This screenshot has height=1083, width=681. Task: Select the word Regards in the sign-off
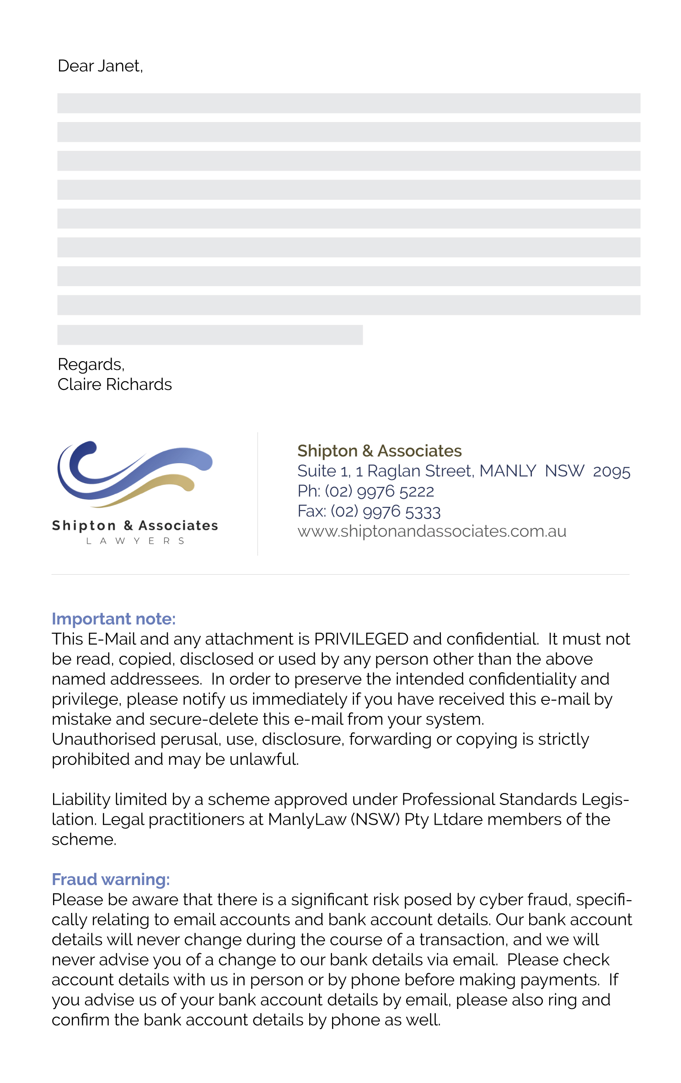(x=91, y=364)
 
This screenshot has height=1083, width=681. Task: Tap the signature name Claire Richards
(x=114, y=384)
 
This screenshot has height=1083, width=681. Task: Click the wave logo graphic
(x=134, y=474)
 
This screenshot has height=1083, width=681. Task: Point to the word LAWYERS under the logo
(x=135, y=541)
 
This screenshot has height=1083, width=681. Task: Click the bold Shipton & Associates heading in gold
(x=379, y=451)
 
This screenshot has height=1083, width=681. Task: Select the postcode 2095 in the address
(x=611, y=471)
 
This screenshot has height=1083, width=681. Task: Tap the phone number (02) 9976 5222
(x=379, y=491)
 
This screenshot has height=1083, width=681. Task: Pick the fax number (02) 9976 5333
(x=385, y=512)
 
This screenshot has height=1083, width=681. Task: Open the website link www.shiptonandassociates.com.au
(x=432, y=531)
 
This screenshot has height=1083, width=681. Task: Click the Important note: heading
(x=113, y=619)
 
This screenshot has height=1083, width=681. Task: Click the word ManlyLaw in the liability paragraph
(x=307, y=820)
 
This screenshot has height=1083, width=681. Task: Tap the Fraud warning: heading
(x=111, y=879)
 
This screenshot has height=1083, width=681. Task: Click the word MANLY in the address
(x=508, y=471)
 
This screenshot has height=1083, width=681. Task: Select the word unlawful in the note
(x=264, y=759)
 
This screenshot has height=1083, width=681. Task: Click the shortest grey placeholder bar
(x=210, y=335)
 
